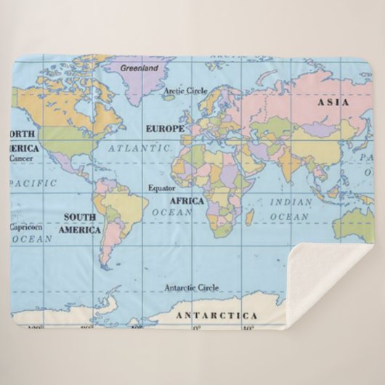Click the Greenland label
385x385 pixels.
[x=138, y=67]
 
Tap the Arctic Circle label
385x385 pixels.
[x=185, y=91]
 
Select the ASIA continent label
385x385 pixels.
[x=333, y=102]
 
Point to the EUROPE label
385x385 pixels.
[x=166, y=129]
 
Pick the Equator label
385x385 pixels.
[x=162, y=187]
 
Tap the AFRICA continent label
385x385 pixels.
[x=187, y=200]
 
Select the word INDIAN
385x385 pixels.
[x=291, y=202]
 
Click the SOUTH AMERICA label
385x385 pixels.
[x=80, y=223]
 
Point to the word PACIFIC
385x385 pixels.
[x=33, y=183]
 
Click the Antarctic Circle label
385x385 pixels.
[x=191, y=288]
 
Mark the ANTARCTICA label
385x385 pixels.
[x=216, y=315]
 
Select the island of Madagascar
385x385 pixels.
[x=249, y=216]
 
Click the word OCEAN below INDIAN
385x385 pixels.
[x=289, y=216]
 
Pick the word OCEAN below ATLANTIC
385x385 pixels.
[x=172, y=213]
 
